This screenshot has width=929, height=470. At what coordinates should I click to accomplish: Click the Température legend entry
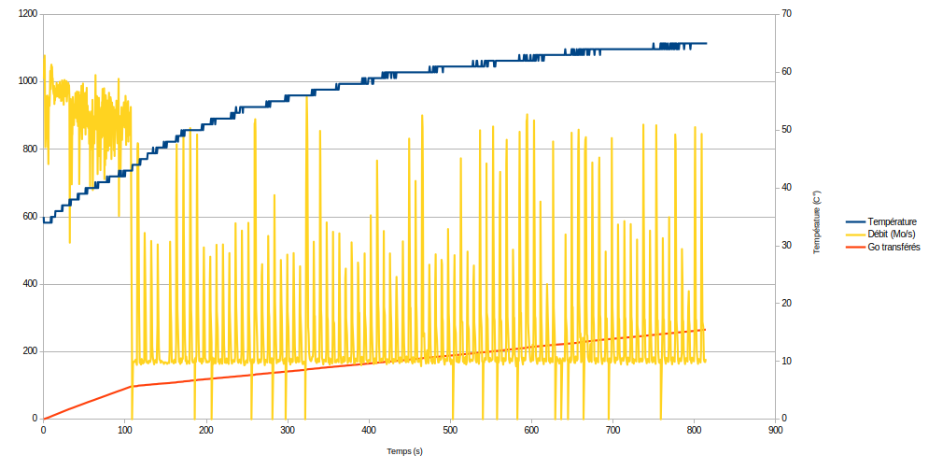pos(892,221)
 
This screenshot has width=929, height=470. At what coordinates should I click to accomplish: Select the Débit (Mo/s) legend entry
pos(892,235)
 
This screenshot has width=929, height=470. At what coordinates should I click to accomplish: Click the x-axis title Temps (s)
pos(404,451)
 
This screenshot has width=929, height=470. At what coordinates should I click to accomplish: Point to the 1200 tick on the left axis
pos(27,14)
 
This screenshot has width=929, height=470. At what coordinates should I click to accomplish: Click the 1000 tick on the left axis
pos(27,81)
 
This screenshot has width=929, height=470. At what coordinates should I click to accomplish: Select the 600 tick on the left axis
pos(30,217)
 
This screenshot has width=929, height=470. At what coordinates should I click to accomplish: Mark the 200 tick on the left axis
pos(30,351)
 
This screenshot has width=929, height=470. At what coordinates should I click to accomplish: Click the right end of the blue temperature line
pos(706,43)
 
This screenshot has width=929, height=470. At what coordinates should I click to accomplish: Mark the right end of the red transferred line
pos(706,329)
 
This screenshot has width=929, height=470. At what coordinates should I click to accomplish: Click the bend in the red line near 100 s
pos(132,386)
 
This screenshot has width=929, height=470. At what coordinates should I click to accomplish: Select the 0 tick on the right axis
pos(783,419)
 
